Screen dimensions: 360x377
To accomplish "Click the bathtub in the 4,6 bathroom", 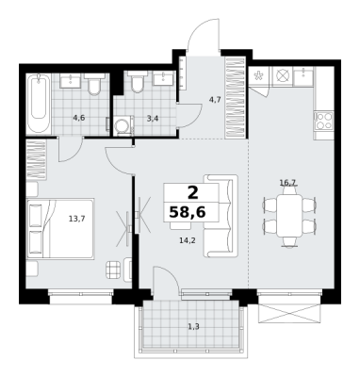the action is (x=39, y=105).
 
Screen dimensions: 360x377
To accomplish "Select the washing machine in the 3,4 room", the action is (x=123, y=125).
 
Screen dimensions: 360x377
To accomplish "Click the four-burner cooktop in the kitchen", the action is (x=324, y=121).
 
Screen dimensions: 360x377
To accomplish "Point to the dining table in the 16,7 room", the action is (x=289, y=215).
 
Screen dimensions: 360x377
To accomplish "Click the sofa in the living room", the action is (x=220, y=216).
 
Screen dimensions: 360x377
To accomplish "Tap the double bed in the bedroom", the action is (x=60, y=229).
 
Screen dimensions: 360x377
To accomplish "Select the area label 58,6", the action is (x=188, y=212).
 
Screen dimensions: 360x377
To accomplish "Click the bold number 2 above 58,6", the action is (x=193, y=192).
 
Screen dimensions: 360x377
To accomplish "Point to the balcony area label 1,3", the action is (x=193, y=327).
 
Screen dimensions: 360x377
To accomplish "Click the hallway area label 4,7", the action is (x=215, y=100).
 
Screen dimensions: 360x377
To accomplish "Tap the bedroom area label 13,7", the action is (x=77, y=219).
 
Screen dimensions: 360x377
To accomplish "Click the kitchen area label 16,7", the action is (x=288, y=182).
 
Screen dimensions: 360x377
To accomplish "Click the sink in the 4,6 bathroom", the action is (x=71, y=80).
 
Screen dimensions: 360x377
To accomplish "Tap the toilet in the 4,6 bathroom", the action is (x=94, y=84).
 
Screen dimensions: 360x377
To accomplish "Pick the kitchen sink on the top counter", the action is (x=303, y=77).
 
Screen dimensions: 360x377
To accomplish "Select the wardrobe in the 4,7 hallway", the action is (x=236, y=98).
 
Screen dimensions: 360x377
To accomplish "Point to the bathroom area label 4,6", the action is (x=79, y=118).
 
